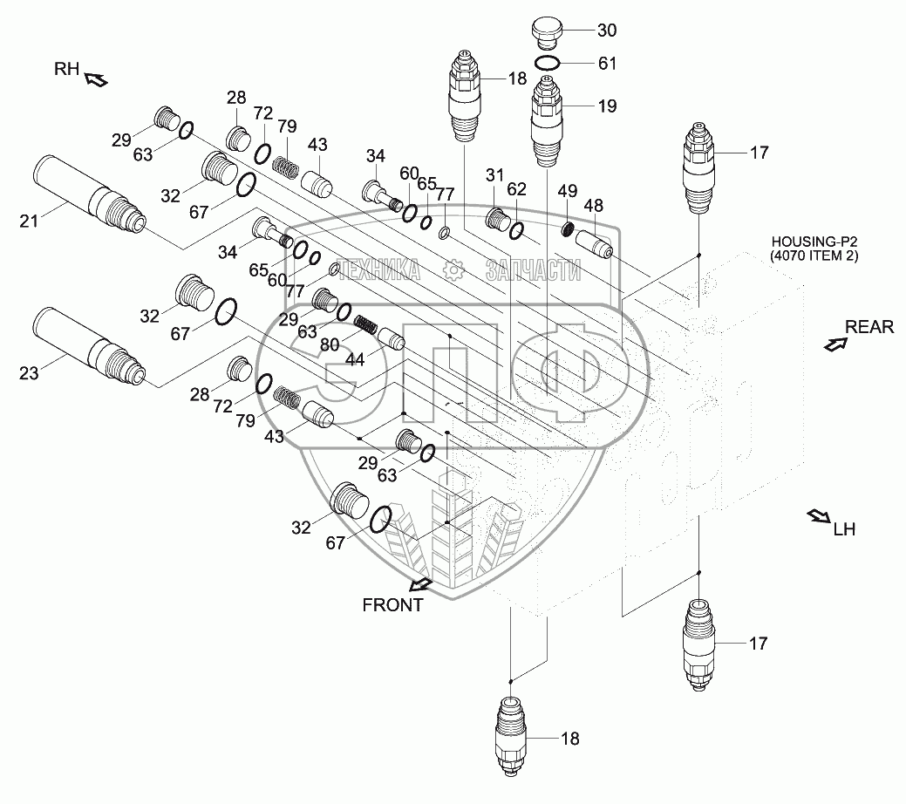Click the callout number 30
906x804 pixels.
pyautogui.click(x=607, y=31)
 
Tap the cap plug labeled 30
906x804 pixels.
pyautogui.click(x=547, y=35)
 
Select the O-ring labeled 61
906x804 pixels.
pyautogui.click(x=548, y=63)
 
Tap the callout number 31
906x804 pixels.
pyautogui.click(x=495, y=174)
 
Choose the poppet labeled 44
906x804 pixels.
pyautogui.click(x=392, y=338)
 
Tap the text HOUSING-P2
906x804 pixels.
pyautogui.click(x=808, y=242)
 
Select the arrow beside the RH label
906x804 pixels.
pyautogui.click(x=95, y=81)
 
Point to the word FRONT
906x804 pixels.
pyautogui.click(x=394, y=604)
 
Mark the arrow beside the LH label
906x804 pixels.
pyautogui.click(x=819, y=516)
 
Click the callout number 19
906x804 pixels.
pyautogui.click(x=607, y=106)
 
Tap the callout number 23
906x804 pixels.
pyautogui.click(x=30, y=373)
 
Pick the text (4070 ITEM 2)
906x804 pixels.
pyautogui.click(x=808, y=256)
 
